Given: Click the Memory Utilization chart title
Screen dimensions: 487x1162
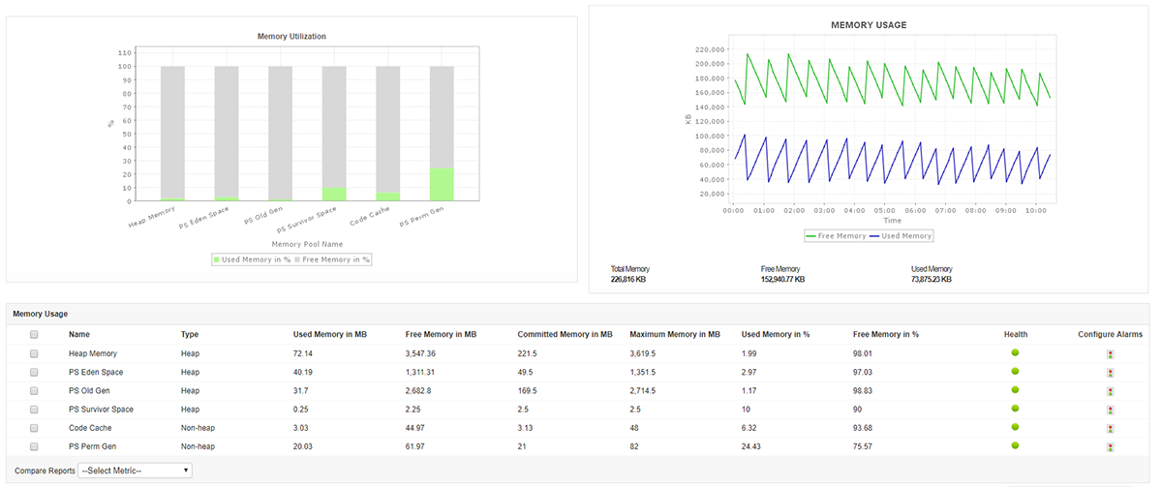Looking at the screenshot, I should (291, 37).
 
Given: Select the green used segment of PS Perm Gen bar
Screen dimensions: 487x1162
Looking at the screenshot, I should (442, 184).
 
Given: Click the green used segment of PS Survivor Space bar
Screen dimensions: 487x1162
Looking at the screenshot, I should (334, 195).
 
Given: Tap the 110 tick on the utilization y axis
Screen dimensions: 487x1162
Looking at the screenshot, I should (124, 52).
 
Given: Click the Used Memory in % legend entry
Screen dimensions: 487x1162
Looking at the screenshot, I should (252, 259).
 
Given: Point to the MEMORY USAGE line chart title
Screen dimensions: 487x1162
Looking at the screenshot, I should (869, 24).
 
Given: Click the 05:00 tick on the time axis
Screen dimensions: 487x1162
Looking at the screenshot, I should (884, 209).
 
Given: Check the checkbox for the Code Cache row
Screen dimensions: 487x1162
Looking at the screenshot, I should (35, 428).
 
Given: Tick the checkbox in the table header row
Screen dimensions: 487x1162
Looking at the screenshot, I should (35, 335).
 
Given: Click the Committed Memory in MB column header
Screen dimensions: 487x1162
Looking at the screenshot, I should (565, 335).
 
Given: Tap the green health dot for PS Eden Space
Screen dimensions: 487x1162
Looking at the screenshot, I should (1015, 371).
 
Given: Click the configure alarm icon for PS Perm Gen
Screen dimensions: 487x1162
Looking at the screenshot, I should (1110, 447).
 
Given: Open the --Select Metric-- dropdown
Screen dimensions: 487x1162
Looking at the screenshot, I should (136, 471).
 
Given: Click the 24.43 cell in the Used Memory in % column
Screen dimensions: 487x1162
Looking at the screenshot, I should (752, 446).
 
